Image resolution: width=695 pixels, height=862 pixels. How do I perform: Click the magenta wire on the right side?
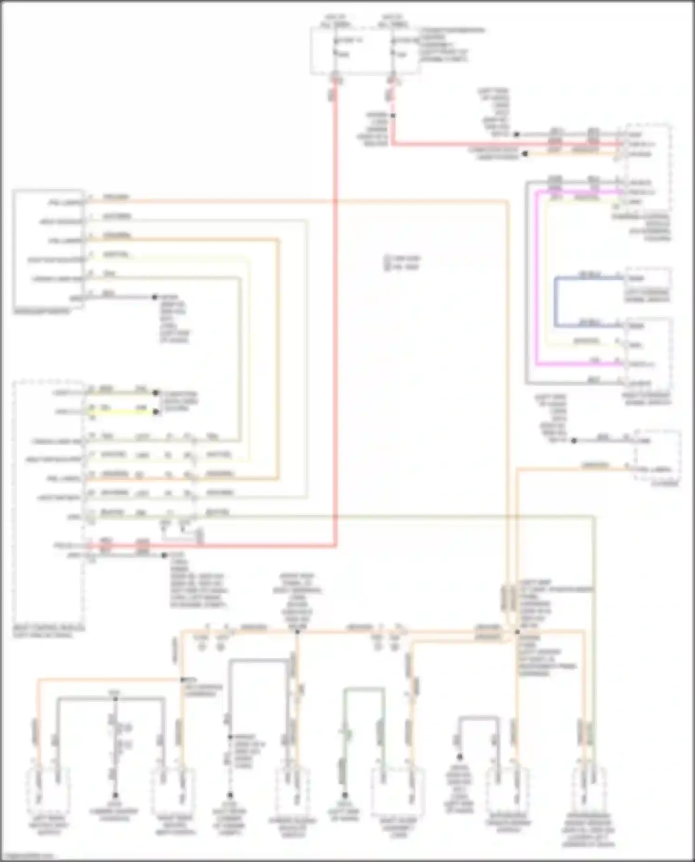click(x=537, y=278)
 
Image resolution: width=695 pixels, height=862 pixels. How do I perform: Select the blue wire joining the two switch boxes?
click(x=556, y=301)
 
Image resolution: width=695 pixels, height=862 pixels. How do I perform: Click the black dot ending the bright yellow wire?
click(x=156, y=411)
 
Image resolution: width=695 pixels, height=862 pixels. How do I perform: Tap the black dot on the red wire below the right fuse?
click(x=393, y=116)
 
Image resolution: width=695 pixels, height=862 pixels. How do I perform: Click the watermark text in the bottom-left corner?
click(x=28, y=856)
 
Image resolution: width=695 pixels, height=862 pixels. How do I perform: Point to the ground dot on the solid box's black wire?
click(x=155, y=297)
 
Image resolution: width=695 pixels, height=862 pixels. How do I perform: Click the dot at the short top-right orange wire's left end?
click(x=525, y=154)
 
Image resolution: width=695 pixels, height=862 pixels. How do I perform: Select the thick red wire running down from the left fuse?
click(x=335, y=324)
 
